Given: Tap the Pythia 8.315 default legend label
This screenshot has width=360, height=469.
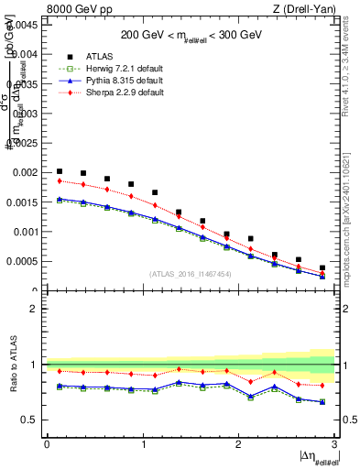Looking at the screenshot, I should click(x=129, y=81).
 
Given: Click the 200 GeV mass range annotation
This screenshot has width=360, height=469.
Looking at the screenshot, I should click(x=191, y=35).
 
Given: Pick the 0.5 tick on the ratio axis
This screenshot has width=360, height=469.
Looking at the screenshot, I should click(x=32, y=420).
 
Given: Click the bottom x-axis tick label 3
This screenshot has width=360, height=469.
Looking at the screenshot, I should click(x=334, y=443).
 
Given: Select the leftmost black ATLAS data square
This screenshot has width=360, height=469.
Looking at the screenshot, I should click(x=60, y=171).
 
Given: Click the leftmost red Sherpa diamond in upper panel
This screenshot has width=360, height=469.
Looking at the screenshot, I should click(x=60, y=180).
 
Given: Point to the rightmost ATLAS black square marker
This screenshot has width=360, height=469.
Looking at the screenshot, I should click(x=322, y=267).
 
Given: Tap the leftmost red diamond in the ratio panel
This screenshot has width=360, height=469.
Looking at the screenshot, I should click(x=60, y=371).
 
